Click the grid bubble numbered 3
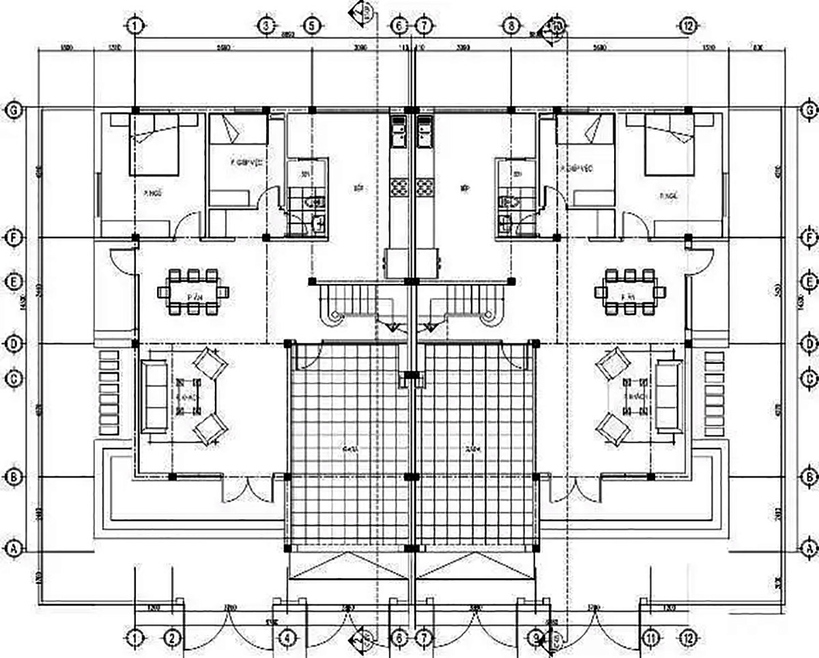266,27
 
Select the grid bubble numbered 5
311,27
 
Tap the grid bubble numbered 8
511,27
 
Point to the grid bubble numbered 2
173,639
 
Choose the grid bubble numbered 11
650,639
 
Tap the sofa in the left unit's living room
155,396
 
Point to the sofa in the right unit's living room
668,396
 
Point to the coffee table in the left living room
187,396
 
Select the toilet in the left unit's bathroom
315,203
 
